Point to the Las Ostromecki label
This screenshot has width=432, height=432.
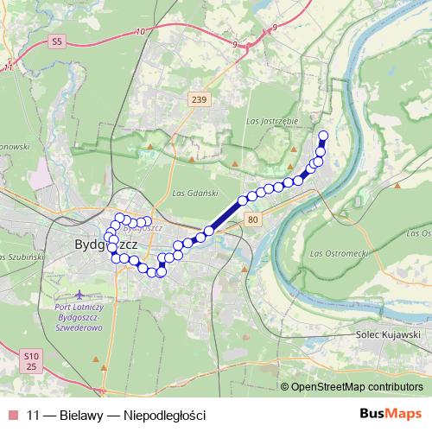pos(340,253)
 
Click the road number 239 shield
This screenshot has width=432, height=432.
pos(199,100)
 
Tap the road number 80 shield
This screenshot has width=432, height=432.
pos(251,220)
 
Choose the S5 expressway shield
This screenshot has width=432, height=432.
pos(57,41)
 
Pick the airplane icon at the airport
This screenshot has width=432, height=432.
pos(80,295)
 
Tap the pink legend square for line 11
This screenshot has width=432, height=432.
pos(11,415)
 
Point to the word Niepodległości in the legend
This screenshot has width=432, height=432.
pos(165,415)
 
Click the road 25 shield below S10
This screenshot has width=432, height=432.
pos(31,367)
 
